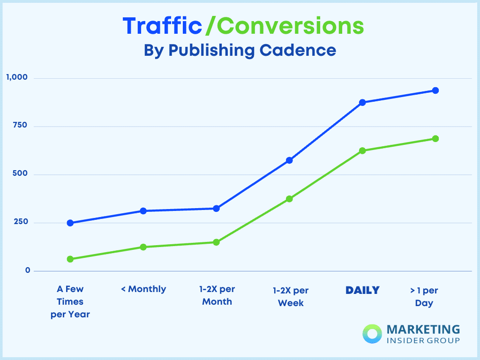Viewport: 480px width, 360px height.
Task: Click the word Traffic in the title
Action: (x=162, y=26)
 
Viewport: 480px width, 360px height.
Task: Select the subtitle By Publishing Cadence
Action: (x=240, y=50)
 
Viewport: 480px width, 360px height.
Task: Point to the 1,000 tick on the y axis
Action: (x=17, y=77)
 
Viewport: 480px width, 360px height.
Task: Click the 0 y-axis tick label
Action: (x=28, y=270)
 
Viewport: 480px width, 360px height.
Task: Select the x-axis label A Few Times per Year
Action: (x=70, y=302)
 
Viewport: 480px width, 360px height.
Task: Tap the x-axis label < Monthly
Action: (x=143, y=289)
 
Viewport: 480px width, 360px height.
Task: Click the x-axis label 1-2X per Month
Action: (x=217, y=295)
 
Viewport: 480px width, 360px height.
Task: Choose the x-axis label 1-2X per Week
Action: (x=291, y=297)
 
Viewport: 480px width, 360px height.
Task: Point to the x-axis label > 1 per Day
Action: (x=424, y=297)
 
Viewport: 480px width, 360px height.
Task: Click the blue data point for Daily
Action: (x=362, y=102)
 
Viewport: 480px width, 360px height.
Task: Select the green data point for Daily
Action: (x=362, y=150)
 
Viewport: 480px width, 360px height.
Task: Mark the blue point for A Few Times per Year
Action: (x=70, y=223)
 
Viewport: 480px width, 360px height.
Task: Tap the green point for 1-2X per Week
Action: (x=289, y=199)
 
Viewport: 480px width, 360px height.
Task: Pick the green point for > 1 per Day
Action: (x=435, y=139)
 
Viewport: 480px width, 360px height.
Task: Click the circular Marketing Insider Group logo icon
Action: (x=373, y=334)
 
